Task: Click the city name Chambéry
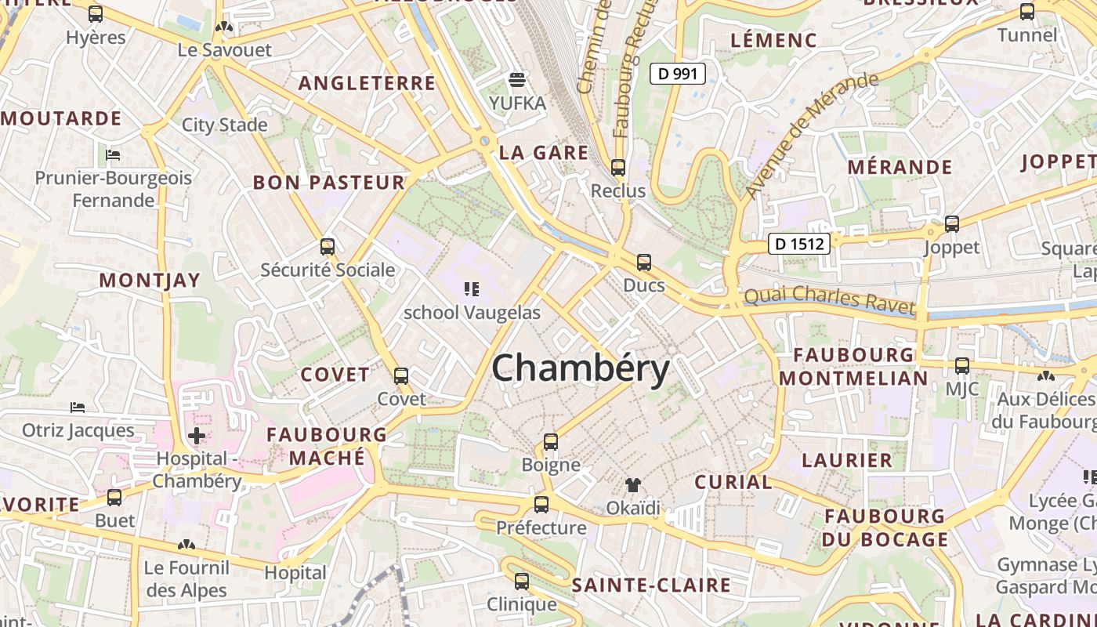581,368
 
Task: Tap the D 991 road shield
678,74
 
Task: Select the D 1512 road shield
798,244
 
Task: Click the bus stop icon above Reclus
618,167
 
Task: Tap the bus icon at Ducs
644,262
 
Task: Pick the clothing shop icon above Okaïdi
633,485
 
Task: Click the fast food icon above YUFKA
517,79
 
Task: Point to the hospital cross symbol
197,435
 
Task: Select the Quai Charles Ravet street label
829,299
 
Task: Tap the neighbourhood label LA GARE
543,152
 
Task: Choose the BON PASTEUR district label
328,183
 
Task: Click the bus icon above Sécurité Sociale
328,247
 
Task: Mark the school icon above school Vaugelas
472,289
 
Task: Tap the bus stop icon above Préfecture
541,504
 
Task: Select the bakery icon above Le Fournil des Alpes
186,545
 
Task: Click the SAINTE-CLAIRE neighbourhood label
650,585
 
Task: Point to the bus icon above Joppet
952,224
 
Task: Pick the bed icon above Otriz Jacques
78,408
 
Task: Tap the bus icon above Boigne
551,441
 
